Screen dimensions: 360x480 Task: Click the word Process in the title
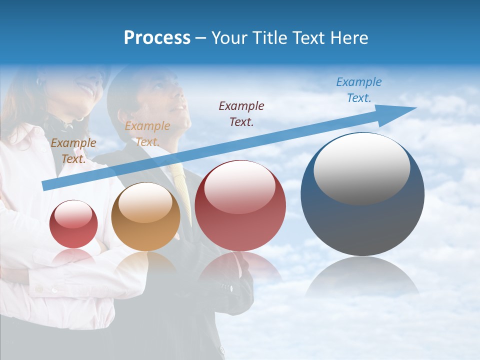(157, 38)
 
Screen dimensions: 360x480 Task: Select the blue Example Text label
(359, 90)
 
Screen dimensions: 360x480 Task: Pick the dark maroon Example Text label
(241, 113)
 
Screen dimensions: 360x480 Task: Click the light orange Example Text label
(147, 133)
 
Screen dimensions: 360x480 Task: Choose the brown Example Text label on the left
(73, 151)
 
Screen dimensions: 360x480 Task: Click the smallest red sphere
(73, 224)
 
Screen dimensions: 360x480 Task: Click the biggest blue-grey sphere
(362, 220)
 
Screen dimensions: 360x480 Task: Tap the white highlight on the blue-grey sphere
(361, 167)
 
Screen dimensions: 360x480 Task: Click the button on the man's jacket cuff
(230, 288)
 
